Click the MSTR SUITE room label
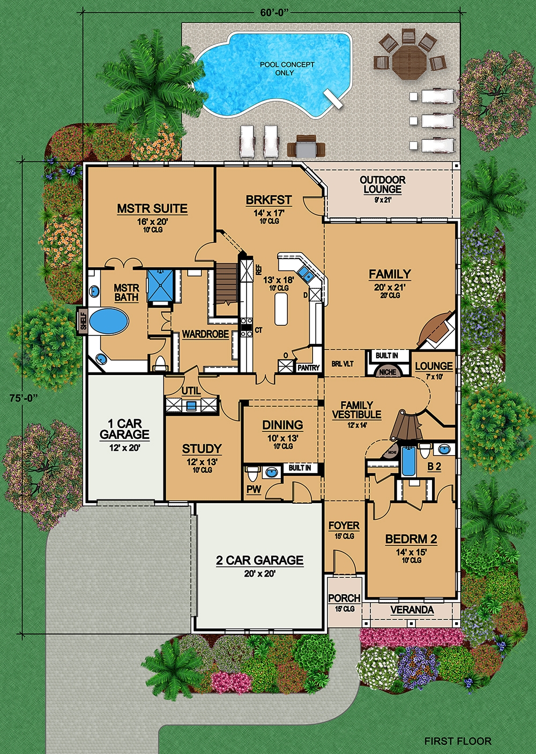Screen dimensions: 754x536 click(x=152, y=208)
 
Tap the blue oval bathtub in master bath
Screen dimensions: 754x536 click(x=109, y=321)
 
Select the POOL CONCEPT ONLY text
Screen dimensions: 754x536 click(x=287, y=69)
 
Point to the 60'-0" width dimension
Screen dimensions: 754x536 click(x=274, y=13)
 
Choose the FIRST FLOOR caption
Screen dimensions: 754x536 click(x=457, y=741)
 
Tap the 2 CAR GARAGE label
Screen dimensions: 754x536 click(x=260, y=561)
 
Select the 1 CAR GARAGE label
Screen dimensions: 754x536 click(x=124, y=429)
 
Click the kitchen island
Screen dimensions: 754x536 click(x=281, y=309)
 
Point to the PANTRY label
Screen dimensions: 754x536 click(x=308, y=368)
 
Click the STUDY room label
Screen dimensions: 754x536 click(x=202, y=449)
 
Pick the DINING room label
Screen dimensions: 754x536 click(x=282, y=425)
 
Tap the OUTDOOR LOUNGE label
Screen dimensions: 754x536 click(x=383, y=184)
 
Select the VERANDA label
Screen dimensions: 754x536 click(x=412, y=610)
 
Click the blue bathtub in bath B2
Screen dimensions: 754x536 click(x=408, y=461)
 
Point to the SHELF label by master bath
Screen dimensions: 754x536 click(x=83, y=320)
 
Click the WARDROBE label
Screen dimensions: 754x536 click(x=205, y=334)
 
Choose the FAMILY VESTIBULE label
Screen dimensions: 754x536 click(x=356, y=410)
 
